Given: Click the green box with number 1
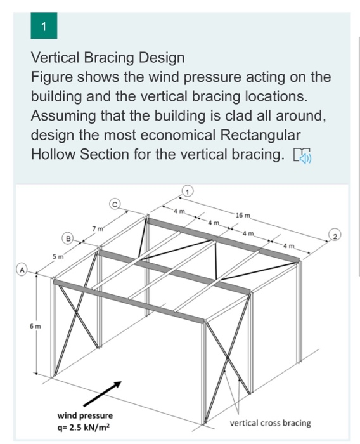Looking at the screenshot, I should click(43, 27).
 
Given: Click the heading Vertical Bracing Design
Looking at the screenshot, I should click(108, 58).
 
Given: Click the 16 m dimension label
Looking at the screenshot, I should click(243, 215).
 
